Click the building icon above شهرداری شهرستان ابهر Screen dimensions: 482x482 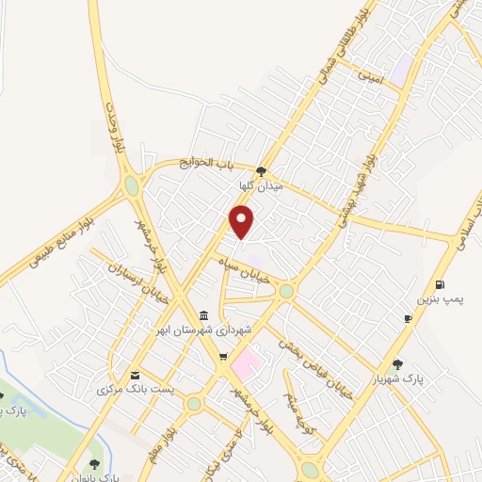coord(205,315)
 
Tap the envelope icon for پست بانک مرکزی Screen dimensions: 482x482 coord(135,375)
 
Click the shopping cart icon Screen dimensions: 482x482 coord(222,356)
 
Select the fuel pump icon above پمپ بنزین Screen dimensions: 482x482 coord(440,285)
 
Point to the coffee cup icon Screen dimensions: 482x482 coord(408,319)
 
